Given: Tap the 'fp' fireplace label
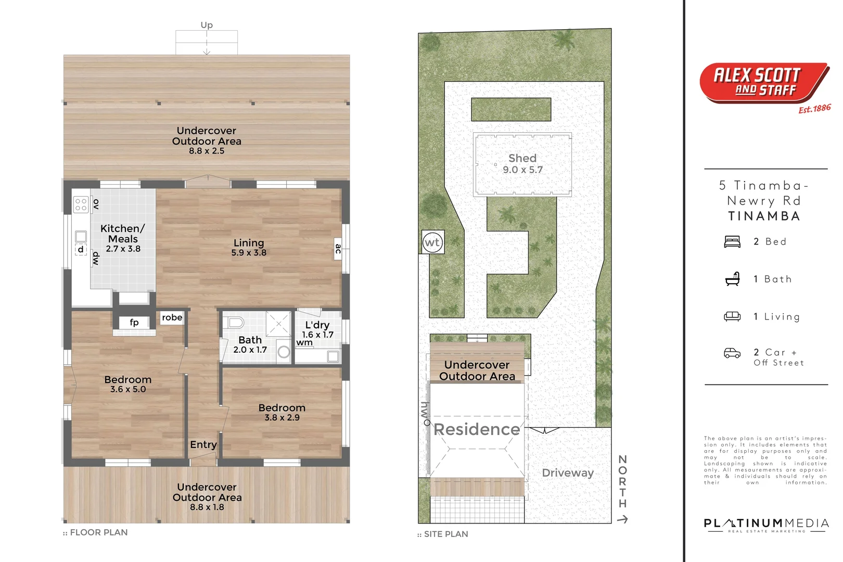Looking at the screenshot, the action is (x=134, y=322).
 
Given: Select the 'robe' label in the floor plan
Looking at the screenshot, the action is (x=172, y=317).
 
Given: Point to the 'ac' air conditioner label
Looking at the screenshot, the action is (x=338, y=248).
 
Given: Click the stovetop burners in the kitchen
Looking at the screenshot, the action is (x=81, y=205).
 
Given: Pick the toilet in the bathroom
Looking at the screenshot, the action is (x=235, y=323).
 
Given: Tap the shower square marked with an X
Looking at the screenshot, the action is (x=278, y=324).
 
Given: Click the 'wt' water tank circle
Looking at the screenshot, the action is (x=432, y=242).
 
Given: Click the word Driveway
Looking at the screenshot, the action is (x=568, y=473).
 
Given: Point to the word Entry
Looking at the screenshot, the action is (x=203, y=445).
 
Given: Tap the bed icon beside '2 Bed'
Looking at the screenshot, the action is (x=732, y=241).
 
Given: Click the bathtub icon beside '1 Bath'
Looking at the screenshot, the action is (x=732, y=279).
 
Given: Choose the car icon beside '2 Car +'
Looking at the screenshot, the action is (x=732, y=353).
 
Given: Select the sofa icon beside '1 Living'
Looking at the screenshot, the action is (x=732, y=316).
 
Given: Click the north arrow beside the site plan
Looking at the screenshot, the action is (x=622, y=519).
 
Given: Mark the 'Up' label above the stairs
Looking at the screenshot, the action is (x=207, y=25).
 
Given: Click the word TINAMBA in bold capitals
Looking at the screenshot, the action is (x=764, y=216).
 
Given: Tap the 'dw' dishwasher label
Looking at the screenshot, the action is (x=96, y=259).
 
